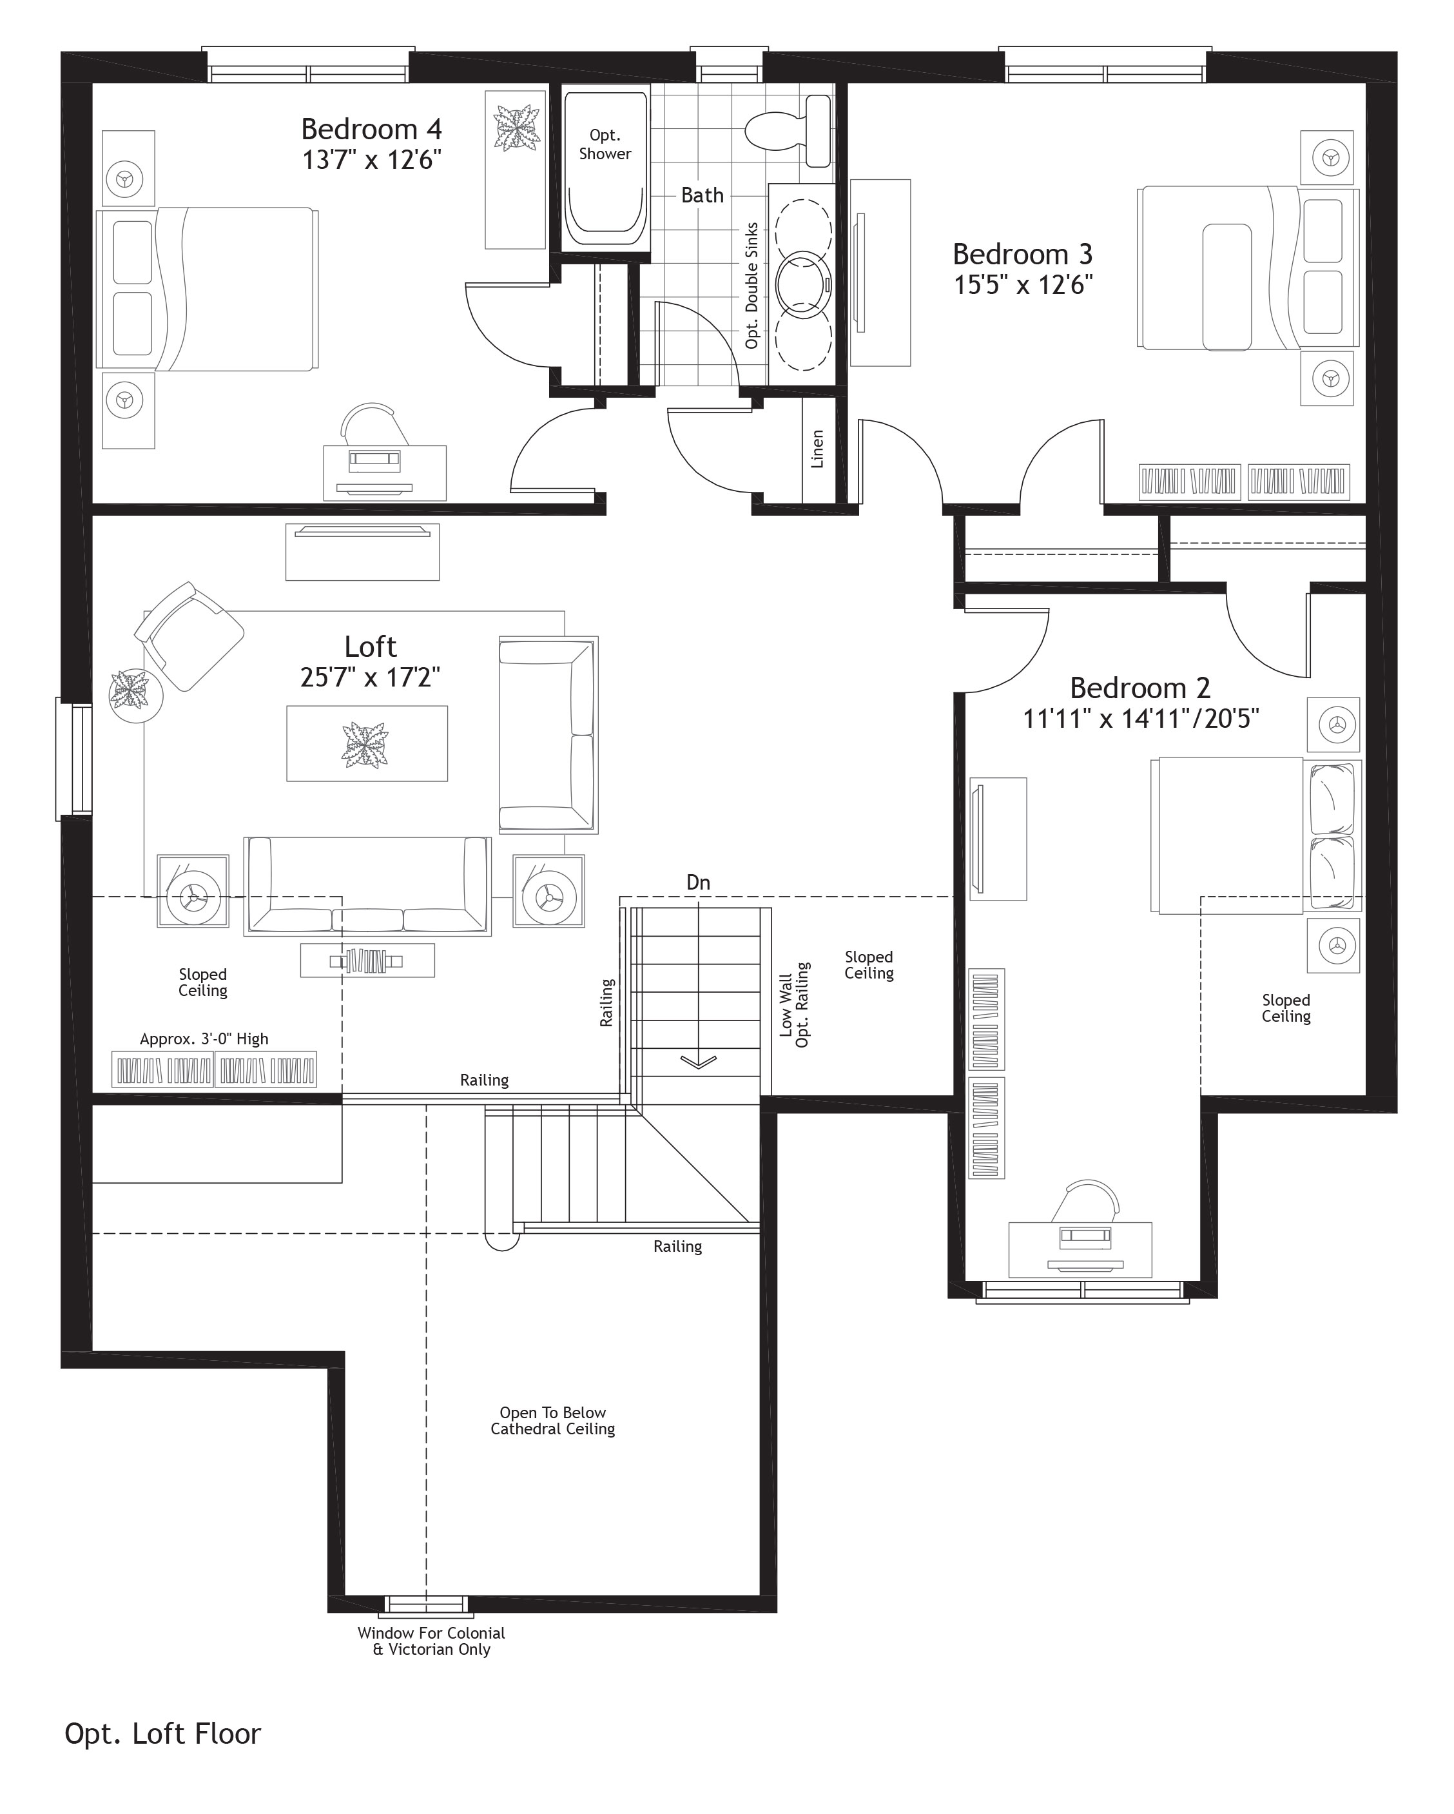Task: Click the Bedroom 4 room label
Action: tap(371, 130)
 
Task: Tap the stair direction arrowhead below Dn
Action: tap(699, 1062)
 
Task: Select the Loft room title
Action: tap(370, 647)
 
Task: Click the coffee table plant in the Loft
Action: tap(366, 744)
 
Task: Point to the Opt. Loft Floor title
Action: tap(162, 1733)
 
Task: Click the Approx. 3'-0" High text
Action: tap(204, 1039)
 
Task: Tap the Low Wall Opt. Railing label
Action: tap(793, 1006)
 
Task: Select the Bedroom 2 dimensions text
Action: tap(1140, 719)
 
